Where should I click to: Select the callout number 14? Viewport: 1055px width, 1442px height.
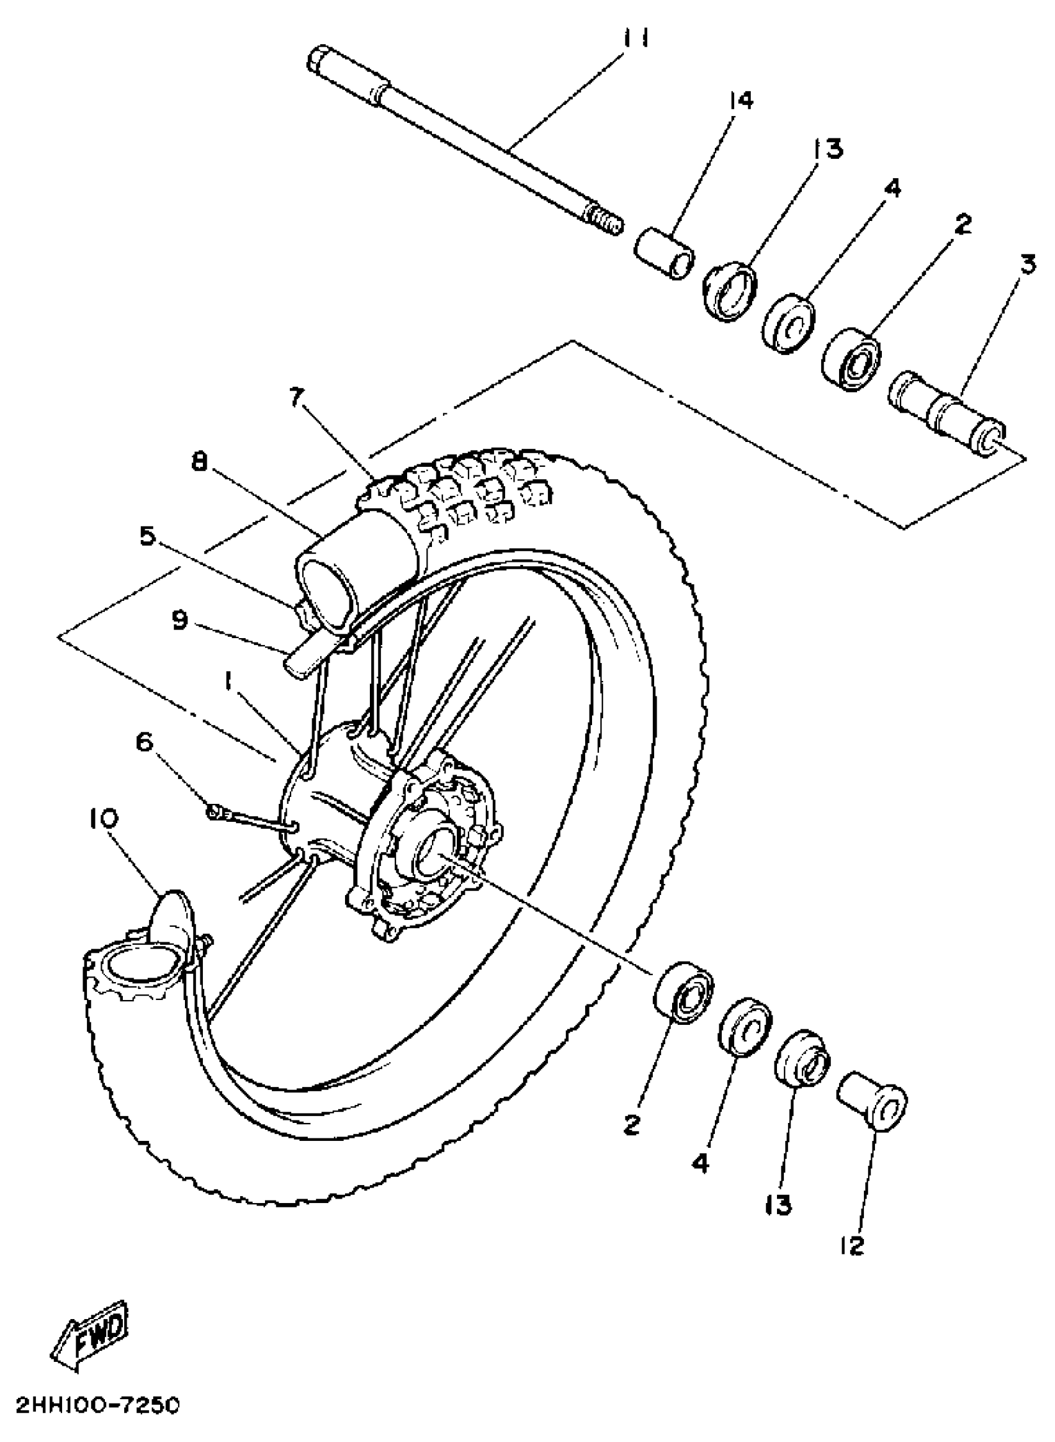tap(741, 101)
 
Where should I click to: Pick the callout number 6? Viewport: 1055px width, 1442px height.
tap(145, 742)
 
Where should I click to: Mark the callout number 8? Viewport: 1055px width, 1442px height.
tap(200, 462)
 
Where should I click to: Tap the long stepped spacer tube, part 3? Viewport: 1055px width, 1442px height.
tap(948, 409)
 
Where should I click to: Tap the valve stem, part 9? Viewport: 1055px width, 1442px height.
tap(302, 660)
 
